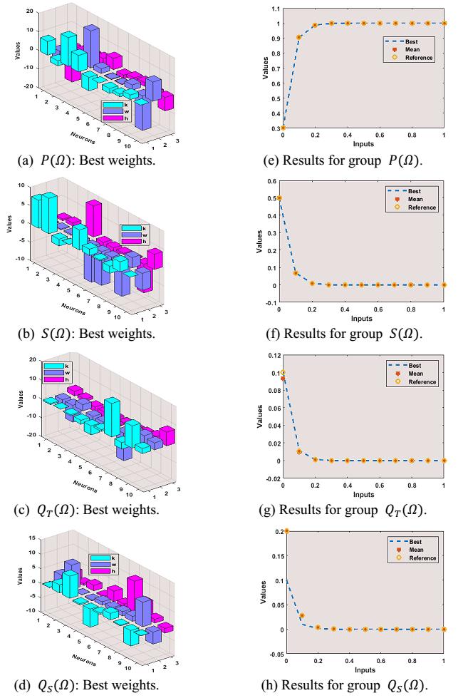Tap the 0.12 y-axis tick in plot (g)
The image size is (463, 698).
tap(273, 355)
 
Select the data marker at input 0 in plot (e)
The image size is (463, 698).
tap(283, 128)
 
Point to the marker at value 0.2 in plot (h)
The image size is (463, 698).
tap(286, 530)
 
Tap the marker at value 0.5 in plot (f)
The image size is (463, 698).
tap(283, 198)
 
